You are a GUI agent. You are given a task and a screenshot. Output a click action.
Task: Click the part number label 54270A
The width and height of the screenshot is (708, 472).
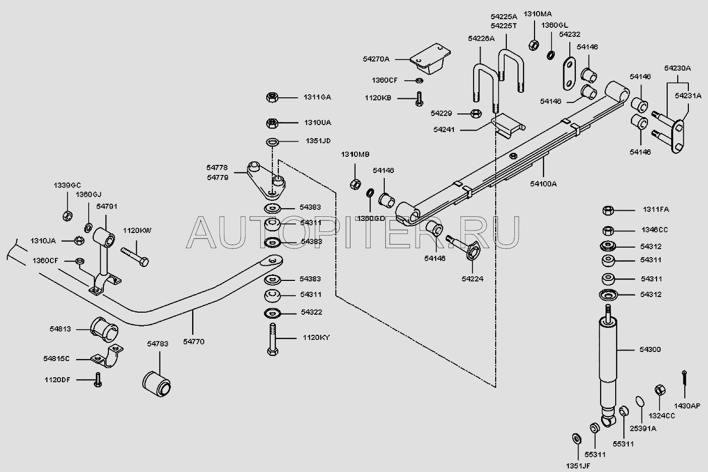376,59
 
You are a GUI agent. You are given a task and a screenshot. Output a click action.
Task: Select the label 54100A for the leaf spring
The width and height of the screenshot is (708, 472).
543,184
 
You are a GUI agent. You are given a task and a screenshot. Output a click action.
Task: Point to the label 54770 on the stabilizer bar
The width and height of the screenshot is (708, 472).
194,341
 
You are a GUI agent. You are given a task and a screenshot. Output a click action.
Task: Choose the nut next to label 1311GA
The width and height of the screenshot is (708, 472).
271,97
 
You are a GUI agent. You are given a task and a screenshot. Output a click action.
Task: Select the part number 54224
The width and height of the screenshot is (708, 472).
472,278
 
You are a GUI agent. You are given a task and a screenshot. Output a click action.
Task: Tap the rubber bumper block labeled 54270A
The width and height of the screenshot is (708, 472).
430,59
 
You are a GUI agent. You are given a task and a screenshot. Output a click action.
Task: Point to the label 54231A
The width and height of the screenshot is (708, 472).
688,95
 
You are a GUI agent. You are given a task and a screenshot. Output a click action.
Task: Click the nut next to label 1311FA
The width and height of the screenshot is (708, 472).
608,210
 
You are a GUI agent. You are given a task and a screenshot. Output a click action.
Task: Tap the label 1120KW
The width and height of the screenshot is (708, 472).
137,230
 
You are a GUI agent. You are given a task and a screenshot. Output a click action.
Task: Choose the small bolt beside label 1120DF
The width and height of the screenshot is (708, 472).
98,379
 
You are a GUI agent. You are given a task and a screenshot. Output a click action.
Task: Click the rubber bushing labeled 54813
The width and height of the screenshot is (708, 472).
104,328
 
